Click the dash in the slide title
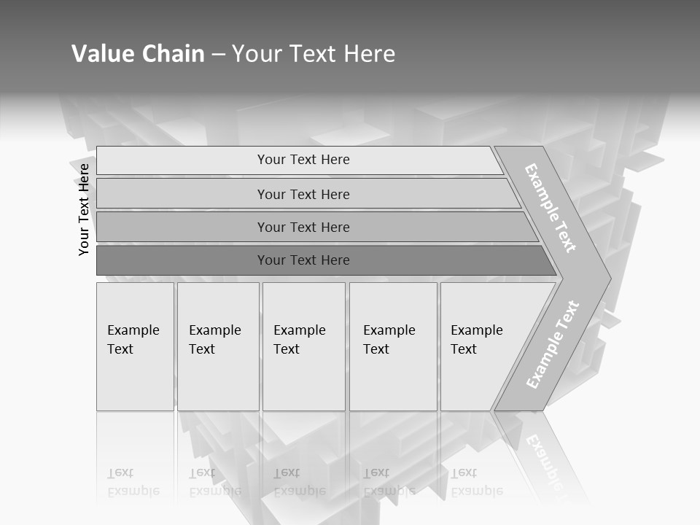tap(218, 54)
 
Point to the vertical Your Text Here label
tap(84, 209)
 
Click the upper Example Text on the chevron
tap(551, 208)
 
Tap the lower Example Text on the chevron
tap(553, 344)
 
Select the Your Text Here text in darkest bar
tap(303, 260)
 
